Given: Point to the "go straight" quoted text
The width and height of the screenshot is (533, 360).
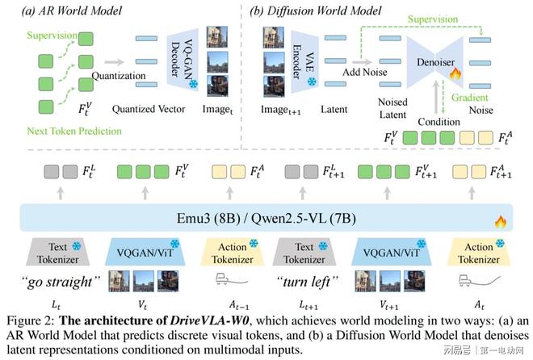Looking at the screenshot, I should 64,282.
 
